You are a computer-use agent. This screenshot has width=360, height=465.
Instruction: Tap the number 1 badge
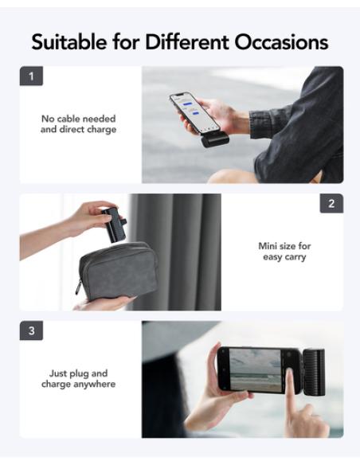pos(31,77)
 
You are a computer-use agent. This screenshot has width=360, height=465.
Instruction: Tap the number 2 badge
pos(331,204)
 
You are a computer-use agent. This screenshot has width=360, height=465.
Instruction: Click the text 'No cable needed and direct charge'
pos(78,124)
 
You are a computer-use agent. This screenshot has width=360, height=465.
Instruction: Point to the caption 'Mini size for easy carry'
pos(283,252)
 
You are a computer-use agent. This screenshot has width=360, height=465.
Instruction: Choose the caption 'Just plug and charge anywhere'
pos(78,379)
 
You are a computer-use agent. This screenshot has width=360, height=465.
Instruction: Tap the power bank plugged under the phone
pos(215,140)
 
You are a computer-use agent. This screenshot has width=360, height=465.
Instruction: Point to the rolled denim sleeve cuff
pos(268,123)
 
